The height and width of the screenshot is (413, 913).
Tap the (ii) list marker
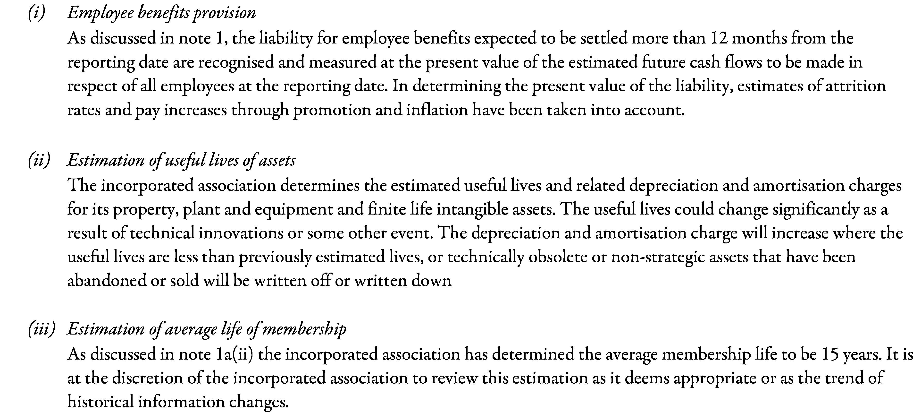[39, 160]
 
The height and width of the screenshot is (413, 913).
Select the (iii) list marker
[42, 329]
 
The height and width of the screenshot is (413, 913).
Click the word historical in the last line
[100, 402]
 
